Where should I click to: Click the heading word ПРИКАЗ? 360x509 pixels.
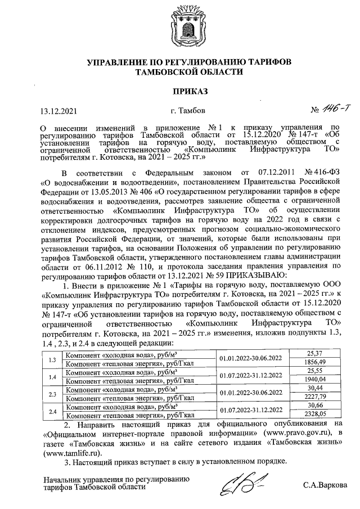click(179, 91)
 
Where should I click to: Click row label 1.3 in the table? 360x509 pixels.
click(52, 358)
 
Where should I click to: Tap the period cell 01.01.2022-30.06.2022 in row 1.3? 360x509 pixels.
click(251, 358)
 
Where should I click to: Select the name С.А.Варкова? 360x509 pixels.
click(325, 485)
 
